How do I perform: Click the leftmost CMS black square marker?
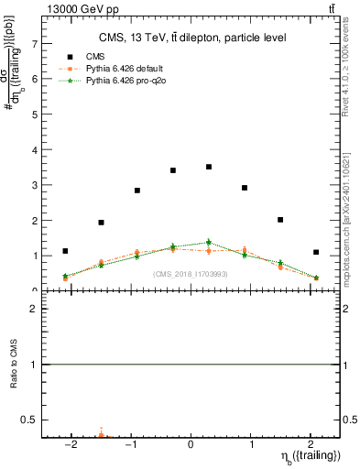tap(65, 251)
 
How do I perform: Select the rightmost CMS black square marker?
tap(316, 252)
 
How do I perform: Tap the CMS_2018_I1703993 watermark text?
tap(191, 274)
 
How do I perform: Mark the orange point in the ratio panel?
tap(101, 436)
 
